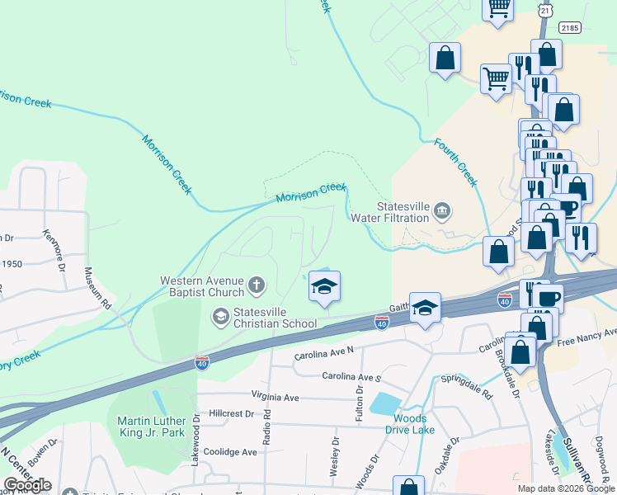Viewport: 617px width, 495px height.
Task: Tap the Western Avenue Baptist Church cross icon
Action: tap(257, 286)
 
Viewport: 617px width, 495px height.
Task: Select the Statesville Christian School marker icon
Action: tap(220, 314)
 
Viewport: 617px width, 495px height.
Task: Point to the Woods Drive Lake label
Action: tap(410, 423)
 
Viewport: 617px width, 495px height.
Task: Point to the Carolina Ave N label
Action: tap(323, 356)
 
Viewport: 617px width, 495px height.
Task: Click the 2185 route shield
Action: tap(570, 27)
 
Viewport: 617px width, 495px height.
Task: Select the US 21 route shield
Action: tap(545, 10)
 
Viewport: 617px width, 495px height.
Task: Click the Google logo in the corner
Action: tap(26, 485)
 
